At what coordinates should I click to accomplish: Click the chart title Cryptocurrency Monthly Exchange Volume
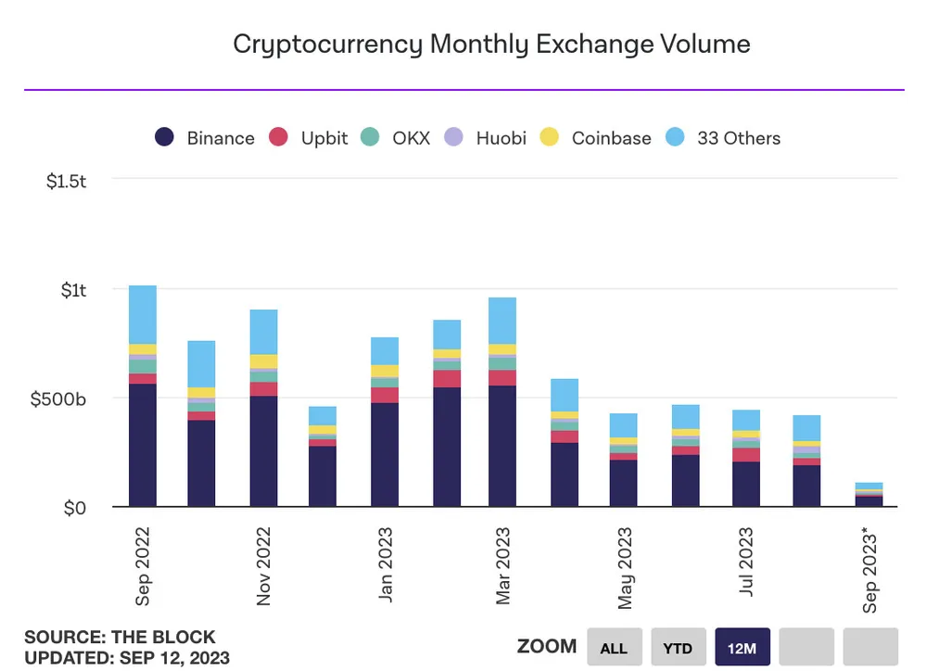[491, 44]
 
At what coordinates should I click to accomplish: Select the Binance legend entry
[205, 138]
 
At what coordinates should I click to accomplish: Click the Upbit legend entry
[309, 138]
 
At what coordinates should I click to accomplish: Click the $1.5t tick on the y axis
[66, 181]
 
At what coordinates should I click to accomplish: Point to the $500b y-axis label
[58, 399]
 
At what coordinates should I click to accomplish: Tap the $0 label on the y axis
[73, 509]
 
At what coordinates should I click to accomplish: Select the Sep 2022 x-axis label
[143, 566]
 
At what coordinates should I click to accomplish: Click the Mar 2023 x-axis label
[502, 566]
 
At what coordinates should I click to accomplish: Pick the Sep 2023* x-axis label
[870, 569]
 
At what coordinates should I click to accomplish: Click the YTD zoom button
[679, 648]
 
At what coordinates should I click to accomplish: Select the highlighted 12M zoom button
[743, 648]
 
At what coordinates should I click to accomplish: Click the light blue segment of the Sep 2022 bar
[143, 315]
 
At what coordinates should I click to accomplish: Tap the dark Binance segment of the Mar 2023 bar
[502, 445]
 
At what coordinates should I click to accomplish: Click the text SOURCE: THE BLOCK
[120, 638]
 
